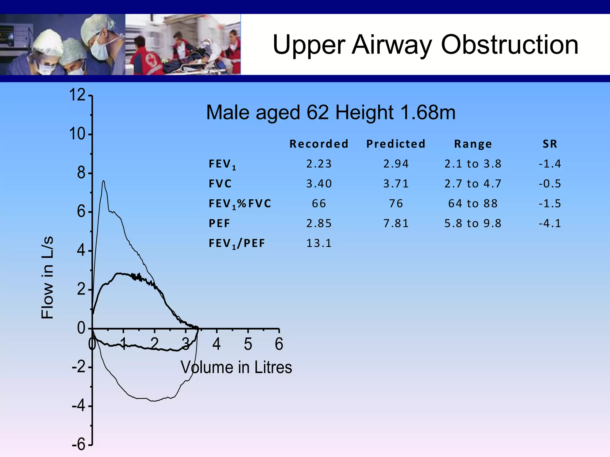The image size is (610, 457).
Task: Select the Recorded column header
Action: tap(319, 144)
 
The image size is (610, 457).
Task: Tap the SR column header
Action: tap(550, 144)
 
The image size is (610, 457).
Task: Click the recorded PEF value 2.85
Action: tap(319, 223)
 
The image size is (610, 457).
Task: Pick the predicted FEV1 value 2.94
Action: tap(396, 164)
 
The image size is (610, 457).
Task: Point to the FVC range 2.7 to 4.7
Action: tap(473, 184)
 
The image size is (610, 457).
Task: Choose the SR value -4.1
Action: tap(550, 223)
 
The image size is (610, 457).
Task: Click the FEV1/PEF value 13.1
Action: tap(319, 243)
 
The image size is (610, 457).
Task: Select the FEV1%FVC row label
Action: tap(240, 204)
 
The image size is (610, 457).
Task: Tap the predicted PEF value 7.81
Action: tap(396, 223)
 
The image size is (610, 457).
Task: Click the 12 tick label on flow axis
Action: tap(77, 95)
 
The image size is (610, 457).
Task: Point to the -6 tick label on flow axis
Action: tap(78, 445)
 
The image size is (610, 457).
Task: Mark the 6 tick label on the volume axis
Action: tap(279, 344)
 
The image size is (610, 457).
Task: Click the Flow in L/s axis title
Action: tap(47, 277)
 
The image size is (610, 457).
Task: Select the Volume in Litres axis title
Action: tap(236, 367)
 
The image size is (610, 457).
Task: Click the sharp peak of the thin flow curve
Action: tap(103, 181)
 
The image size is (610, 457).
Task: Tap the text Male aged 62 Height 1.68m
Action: tap(331, 112)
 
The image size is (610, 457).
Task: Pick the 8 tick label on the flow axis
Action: tap(81, 173)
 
